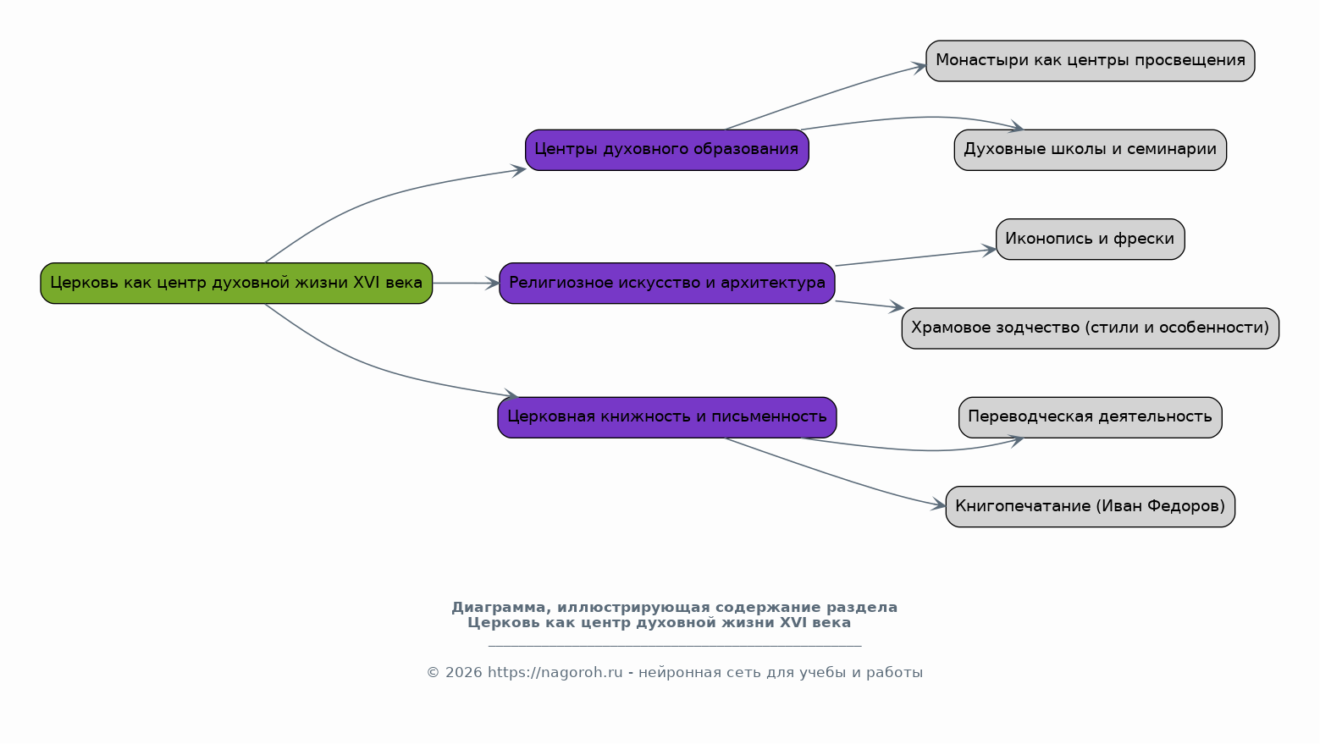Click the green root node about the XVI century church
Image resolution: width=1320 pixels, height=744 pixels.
236,284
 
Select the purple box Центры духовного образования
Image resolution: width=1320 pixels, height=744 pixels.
667,150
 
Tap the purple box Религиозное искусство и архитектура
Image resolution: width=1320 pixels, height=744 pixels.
667,284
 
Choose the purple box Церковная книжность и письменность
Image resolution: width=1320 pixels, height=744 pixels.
667,417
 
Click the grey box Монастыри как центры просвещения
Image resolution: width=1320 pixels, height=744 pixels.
1091,61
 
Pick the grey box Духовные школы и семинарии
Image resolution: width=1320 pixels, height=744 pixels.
1091,150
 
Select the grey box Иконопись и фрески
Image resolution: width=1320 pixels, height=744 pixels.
1091,240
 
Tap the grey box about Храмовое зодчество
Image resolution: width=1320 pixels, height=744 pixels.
1091,328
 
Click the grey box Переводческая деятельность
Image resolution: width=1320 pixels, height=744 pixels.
1091,417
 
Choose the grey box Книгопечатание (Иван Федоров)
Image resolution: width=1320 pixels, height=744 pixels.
1091,507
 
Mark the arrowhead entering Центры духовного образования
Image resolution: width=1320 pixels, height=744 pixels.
518,170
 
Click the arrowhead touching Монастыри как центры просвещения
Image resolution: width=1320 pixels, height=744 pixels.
920,67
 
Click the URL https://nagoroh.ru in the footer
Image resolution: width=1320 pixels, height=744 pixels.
555,673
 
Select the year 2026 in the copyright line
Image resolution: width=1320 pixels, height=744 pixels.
464,673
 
